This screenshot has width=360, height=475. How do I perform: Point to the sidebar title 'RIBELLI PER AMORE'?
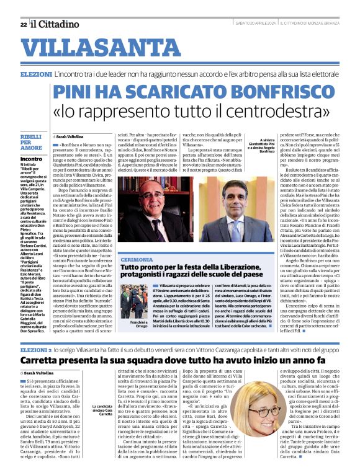tap(31, 143)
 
